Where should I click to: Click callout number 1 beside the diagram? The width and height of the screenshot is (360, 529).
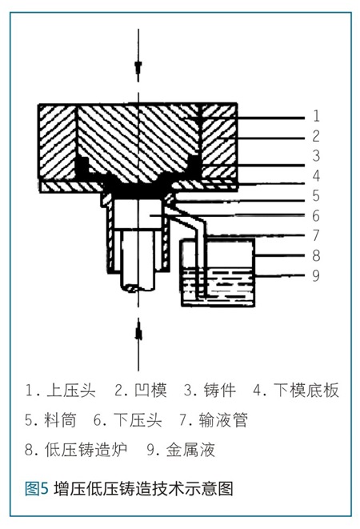click(316, 116)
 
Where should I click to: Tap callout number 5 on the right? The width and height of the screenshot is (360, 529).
click(316, 195)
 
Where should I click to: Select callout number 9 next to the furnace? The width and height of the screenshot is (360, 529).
click(316, 275)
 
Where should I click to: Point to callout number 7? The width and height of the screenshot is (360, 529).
click(316, 235)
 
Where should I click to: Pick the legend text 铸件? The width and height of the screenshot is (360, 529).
click(220, 391)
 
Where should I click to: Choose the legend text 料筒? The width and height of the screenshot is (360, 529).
click(60, 420)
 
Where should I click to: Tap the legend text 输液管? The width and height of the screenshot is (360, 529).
click(223, 420)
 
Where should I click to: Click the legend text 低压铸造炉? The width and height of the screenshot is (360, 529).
click(86, 450)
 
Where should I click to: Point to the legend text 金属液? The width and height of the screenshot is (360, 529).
click(190, 450)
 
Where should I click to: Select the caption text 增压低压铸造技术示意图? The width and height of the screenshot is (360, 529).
click(143, 488)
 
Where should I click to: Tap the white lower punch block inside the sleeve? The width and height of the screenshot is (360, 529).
click(138, 215)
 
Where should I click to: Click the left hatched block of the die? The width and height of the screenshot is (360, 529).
click(57, 141)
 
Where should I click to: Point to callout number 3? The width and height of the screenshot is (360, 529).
click(316, 155)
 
